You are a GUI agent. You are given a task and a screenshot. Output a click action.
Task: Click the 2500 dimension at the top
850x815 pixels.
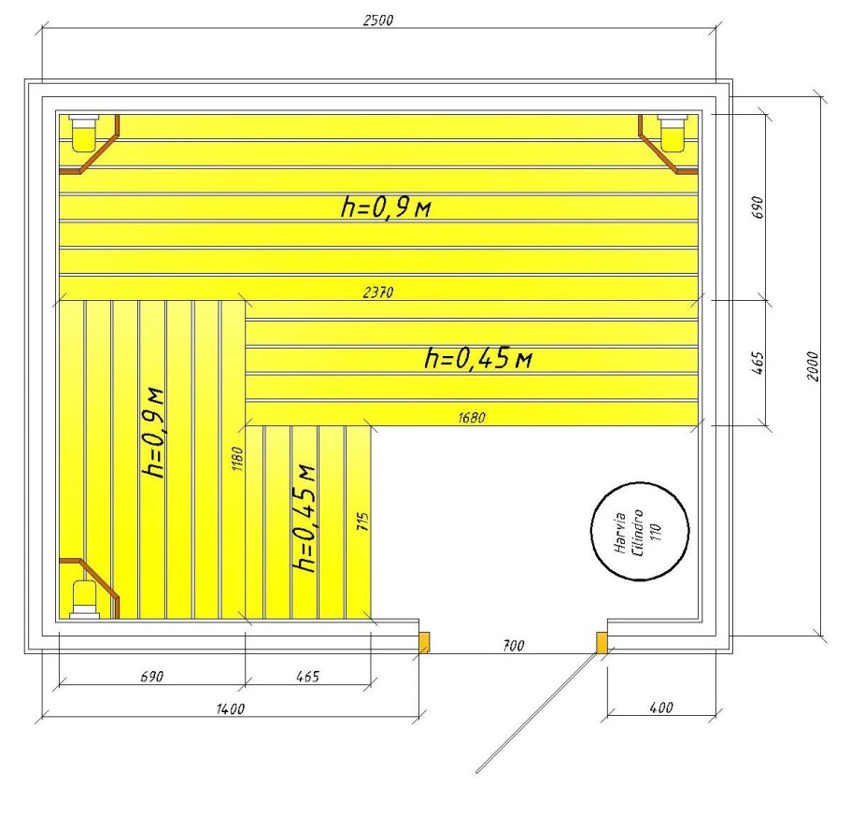pos(378,20)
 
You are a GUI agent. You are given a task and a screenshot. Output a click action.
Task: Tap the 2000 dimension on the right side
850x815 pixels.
pos(812,366)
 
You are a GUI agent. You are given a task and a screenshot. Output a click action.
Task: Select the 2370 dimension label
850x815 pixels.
pos(378,293)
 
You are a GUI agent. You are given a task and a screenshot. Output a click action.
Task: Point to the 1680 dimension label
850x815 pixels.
pos(472,418)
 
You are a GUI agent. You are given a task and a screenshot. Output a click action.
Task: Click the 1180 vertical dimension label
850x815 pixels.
pos(237,459)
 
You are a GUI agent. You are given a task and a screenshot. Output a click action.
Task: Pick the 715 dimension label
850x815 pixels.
pos(363,522)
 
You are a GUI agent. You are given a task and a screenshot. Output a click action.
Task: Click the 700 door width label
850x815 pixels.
pos(514,645)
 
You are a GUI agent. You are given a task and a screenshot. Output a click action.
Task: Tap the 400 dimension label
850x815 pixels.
pos(661,708)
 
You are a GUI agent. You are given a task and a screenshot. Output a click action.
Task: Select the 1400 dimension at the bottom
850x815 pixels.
pos(231,708)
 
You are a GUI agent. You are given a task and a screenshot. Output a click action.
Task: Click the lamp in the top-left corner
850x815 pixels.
pos(85,132)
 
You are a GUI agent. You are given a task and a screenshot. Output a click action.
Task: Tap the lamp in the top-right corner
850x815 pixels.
pos(673,132)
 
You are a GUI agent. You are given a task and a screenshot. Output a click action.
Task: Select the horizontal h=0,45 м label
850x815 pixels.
pos(478,358)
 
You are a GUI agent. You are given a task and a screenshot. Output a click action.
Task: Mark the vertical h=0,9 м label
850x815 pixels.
pos(152,433)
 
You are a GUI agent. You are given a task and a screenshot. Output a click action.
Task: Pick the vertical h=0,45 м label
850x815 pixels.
pos(304,519)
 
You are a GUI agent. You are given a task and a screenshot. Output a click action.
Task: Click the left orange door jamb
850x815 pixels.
pos(424,642)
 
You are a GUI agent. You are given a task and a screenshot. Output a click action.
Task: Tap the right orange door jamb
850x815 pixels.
pos(602,642)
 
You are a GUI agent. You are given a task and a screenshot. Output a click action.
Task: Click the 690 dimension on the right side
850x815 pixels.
pos(758,207)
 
